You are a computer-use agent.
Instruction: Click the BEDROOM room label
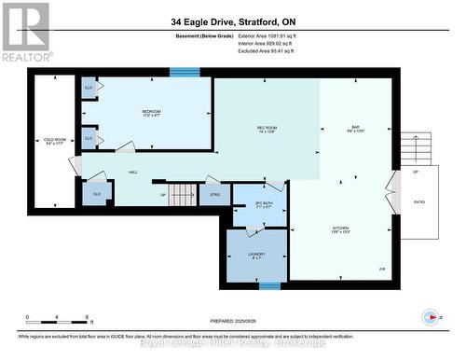(151, 114)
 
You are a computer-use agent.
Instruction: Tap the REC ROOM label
(267, 129)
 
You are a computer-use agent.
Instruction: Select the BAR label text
(355, 129)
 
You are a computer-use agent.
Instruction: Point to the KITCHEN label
(342, 229)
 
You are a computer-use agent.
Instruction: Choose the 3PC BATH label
(264, 204)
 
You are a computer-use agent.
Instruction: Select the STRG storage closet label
(213, 196)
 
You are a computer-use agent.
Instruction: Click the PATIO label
(419, 201)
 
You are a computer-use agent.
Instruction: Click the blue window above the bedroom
(185, 72)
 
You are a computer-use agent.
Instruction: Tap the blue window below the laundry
(269, 285)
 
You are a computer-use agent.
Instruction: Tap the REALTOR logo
(25, 31)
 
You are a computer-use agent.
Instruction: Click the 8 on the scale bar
(87, 318)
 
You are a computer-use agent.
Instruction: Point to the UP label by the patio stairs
(416, 173)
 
